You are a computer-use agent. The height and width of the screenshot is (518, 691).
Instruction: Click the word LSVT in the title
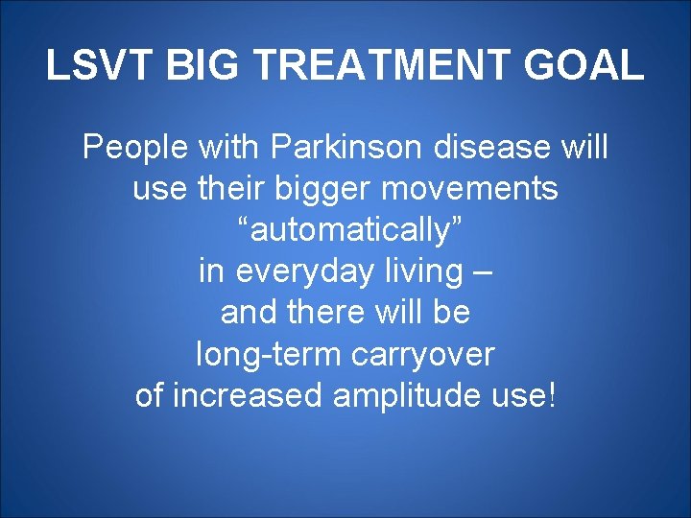pos(101,66)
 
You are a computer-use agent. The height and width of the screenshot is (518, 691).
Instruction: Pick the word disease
pos(497,148)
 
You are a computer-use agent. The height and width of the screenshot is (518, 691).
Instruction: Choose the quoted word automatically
pos(345,230)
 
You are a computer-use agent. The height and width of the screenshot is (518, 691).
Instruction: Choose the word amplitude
pos(403,395)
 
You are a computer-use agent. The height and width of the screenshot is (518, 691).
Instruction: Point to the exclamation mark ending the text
pos(550,395)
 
